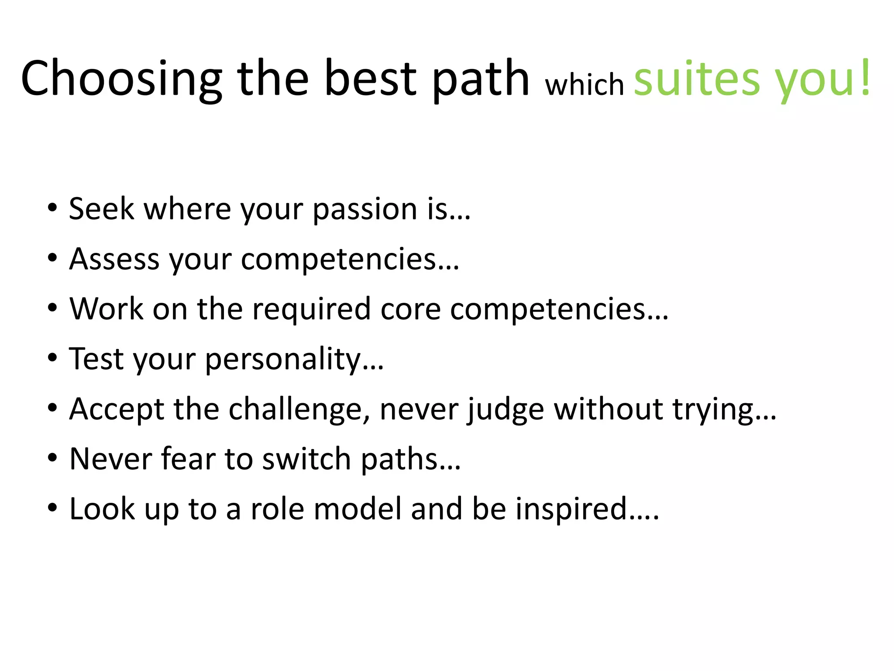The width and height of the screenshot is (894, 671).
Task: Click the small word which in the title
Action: pyautogui.click(x=585, y=84)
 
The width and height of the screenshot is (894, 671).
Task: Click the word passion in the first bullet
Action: pyautogui.click(x=365, y=210)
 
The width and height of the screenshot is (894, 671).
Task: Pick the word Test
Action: pyautogui.click(x=96, y=359)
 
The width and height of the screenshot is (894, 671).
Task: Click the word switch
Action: pyautogui.click(x=306, y=459)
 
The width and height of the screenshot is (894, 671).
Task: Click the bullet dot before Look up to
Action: pyautogui.click(x=52, y=508)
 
